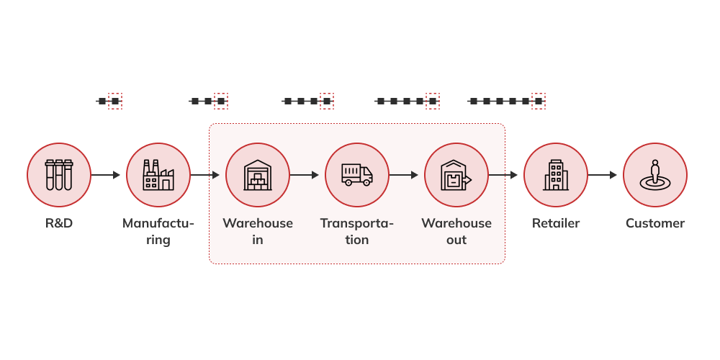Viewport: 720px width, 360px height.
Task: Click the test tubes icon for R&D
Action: pos(59,175)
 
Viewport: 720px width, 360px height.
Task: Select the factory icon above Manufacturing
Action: pos(158,175)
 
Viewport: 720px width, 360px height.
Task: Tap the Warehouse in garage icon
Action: pos(258,175)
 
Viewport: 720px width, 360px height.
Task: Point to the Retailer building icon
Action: pos(556,175)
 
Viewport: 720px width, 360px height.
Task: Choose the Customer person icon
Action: pos(655,175)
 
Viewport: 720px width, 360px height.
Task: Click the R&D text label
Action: pos(59,223)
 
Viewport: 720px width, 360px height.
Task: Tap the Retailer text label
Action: pos(556,223)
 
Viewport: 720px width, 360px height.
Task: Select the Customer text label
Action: pos(655,223)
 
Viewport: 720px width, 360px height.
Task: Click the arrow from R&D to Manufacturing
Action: pos(106,175)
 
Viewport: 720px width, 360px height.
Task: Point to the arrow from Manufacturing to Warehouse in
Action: pos(205,175)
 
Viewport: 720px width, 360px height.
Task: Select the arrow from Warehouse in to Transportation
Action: pos(305,175)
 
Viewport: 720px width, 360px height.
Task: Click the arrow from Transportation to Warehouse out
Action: pos(404,175)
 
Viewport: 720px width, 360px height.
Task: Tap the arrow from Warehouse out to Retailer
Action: pos(503,175)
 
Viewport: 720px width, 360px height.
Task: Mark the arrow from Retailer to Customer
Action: pos(603,175)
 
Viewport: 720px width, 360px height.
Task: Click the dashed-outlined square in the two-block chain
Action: pos(114,102)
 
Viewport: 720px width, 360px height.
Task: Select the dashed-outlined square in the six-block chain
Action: pos(539,102)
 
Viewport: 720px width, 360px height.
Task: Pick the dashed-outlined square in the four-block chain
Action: pos(327,102)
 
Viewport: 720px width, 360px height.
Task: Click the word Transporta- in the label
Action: pos(357,223)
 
